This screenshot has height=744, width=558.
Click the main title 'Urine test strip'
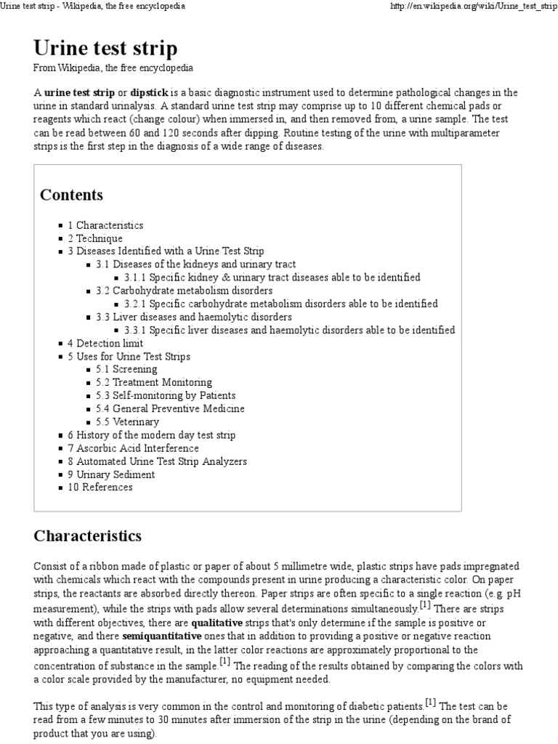point(105,48)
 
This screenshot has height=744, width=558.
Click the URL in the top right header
point(474,6)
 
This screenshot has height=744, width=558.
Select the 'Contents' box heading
point(71,195)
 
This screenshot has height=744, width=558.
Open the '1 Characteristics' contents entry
point(105,225)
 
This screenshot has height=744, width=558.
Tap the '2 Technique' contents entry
point(95,238)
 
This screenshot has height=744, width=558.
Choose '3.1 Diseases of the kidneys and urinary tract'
point(195,264)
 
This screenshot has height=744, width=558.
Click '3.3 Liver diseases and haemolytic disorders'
point(194,317)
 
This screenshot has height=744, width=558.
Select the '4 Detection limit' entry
point(105,343)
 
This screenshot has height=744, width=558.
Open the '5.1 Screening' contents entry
point(126,369)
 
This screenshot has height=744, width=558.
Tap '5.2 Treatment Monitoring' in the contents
point(153,382)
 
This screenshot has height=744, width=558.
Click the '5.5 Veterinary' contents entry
point(127,421)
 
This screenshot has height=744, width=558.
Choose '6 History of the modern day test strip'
point(151,434)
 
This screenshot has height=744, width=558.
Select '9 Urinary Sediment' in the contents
point(111,474)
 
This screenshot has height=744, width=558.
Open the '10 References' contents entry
point(100,487)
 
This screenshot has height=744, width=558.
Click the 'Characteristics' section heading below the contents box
point(87,536)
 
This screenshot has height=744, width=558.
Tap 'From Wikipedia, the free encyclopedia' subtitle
point(113,68)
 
